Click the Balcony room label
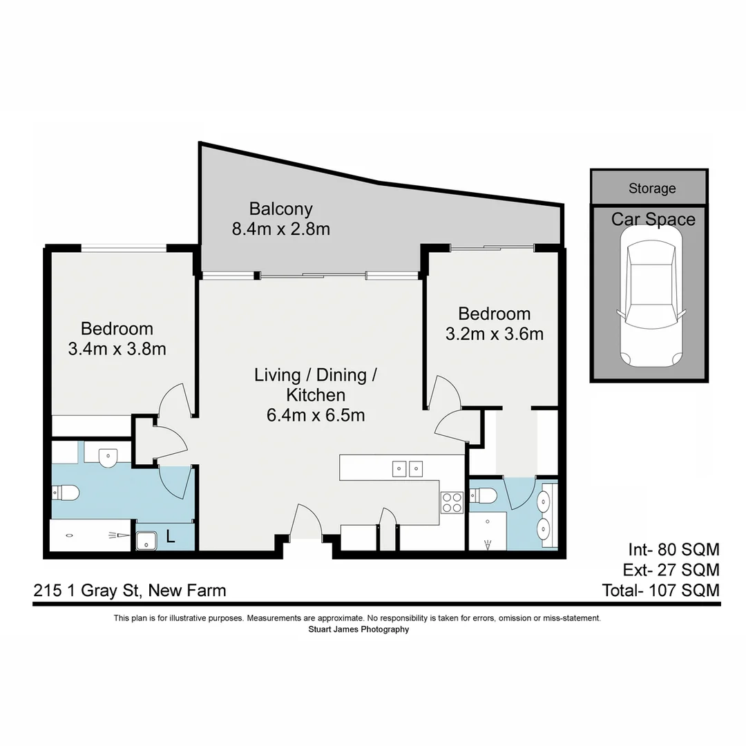280,209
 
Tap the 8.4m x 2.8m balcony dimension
280,229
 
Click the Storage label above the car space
651,188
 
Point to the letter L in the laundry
170,536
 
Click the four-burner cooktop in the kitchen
452,501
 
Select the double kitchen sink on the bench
407,469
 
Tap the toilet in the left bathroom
66,492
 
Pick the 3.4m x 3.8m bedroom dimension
117,349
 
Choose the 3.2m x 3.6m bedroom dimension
493,334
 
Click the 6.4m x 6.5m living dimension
316,415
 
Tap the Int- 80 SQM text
673,550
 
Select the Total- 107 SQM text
661,591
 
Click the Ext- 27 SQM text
673,570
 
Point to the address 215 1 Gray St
129,591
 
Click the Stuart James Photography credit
358,629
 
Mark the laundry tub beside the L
146,541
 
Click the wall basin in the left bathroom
108,457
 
